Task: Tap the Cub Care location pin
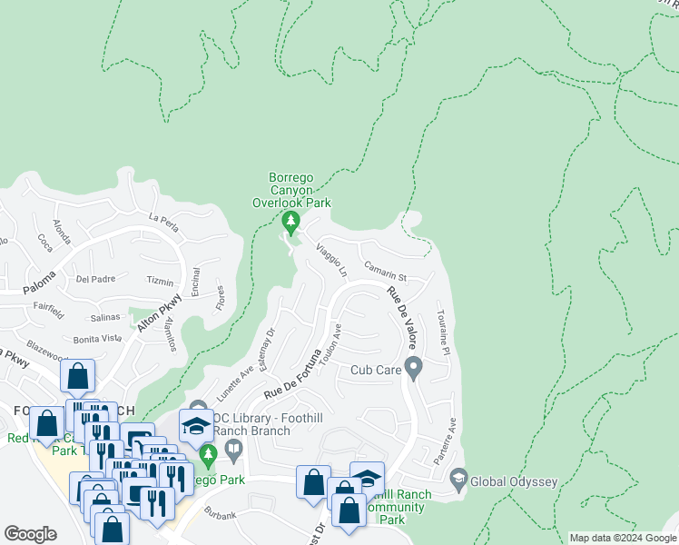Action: pyautogui.click(x=414, y=369)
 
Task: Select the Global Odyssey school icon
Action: pyautogui.click(x=458, y=478)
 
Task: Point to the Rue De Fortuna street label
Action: pyautogui.click(x=294, y=372)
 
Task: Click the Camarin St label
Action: pyautogui.click(x=386, y=272)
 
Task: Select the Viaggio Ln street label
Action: pyautogui.click(x=331, y=260)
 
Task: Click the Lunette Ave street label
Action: pyautogui.click(x=234, y=383)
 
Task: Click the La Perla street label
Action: pyautogui.click(x=165, y=218)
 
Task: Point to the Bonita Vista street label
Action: pyautogui.click(x=99, y=338)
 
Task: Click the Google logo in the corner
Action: pyautogui.click(x=30, y=533)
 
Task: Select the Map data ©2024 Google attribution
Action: pyautogui.click(x=622, y=538)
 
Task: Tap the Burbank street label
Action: pyautogui.click(x=220, y=515)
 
